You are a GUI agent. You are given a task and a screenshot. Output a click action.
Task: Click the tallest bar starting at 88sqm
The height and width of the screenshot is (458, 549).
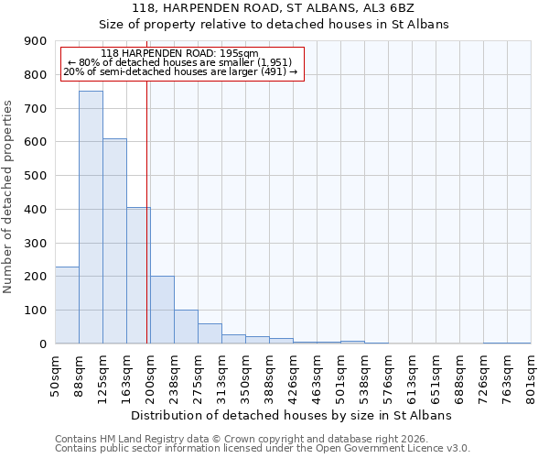point(91,217)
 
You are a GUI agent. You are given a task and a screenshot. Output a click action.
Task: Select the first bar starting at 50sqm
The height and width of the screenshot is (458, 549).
point(67,305)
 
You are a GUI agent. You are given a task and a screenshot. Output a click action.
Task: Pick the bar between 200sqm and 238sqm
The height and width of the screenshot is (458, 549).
point(162,310)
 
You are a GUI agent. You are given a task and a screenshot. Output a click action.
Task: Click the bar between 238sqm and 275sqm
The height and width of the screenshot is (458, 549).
point(186,327)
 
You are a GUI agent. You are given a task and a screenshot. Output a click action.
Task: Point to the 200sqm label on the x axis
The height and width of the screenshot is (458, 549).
point(151,373)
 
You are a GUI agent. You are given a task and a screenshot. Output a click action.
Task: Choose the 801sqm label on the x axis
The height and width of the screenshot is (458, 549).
point(532,373)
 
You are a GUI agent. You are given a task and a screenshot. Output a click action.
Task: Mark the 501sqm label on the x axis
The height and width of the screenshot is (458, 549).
point(341,373)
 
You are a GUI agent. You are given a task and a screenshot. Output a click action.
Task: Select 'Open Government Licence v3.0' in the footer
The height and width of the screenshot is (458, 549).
point(394,449)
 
